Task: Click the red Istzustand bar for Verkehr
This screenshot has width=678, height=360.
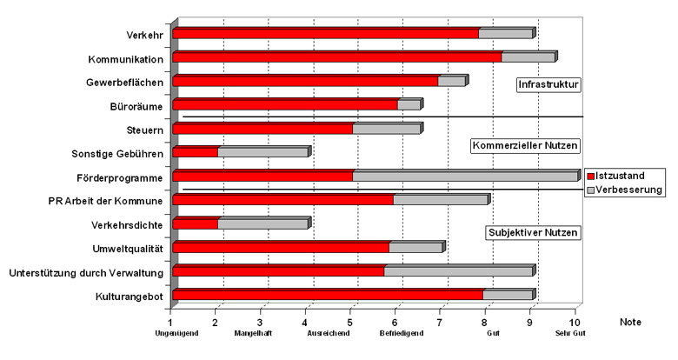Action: tap(326, 34)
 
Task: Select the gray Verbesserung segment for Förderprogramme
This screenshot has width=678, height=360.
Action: tap(465, 177)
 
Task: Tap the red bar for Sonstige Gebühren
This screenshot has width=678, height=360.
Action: tap(196, 153)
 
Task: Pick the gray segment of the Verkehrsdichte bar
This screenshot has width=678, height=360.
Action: tap(263, 224)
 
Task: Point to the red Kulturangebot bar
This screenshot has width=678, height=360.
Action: tap(328, 296)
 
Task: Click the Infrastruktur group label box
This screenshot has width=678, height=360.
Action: tap(548, 84)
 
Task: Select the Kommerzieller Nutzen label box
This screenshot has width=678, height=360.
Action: tap(525, 145)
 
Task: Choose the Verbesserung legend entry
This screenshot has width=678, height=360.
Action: tap(624, 189)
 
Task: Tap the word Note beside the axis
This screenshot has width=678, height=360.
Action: tap(630, 322)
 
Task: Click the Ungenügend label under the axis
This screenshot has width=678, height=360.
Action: tap(171, 333)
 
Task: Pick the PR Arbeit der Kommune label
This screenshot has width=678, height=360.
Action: tap(105, 201)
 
